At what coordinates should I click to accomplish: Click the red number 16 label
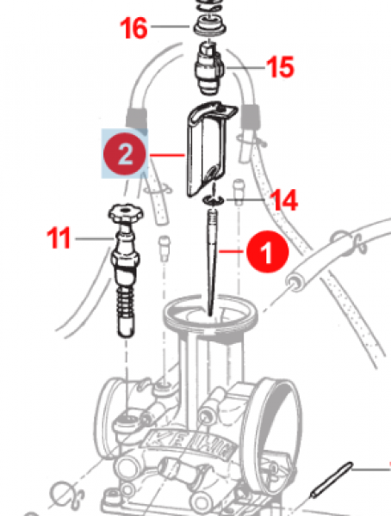click(x=133, y=29)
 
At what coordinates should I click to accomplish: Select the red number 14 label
click(x=283, y=201)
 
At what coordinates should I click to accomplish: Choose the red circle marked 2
click(x=125, y=155)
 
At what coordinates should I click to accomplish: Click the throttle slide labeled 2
click(x=208, y=146)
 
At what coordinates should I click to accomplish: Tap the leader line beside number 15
click(x=244, y=65)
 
